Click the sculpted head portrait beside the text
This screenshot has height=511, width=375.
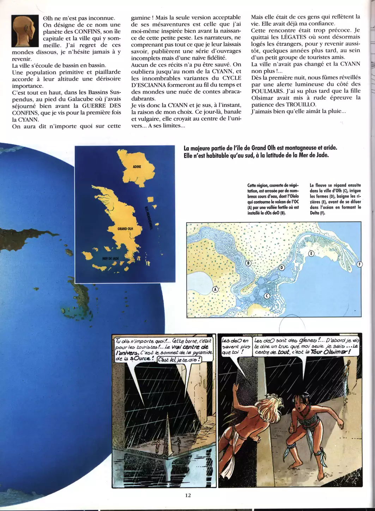coord(25,30)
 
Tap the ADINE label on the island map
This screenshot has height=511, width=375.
coord(137,167)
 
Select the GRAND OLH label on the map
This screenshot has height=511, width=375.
coord(125,229)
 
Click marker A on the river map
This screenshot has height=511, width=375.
coord(215,289)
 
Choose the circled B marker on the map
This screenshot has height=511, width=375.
coord(248,263)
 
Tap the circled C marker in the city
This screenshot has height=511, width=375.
coord(267,296)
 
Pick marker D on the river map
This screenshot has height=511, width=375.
coord(282,268)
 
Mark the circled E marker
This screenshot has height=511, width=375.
coord(311,254)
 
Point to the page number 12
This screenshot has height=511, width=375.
coord(188,495)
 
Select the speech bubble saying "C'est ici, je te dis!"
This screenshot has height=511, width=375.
coord(179,360)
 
